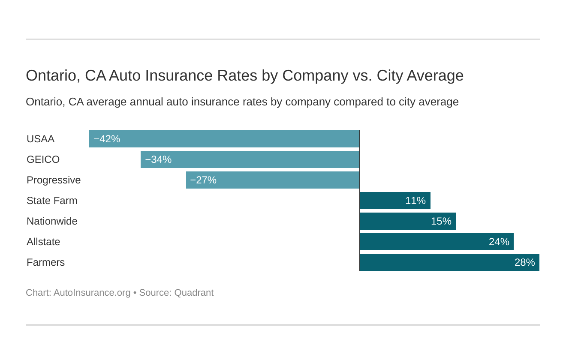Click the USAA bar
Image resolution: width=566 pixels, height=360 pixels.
tap(224, 139)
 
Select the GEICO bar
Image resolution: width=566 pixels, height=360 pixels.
tap(250, 159)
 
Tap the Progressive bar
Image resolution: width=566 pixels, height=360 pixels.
tap(273, 180)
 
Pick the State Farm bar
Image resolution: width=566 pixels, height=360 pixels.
tap(395, 201)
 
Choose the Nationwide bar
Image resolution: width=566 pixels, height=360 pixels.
tap(408, 221)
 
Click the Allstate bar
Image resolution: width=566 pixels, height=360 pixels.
tap(437, 242)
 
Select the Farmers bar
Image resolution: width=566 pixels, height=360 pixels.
tap(449, 262)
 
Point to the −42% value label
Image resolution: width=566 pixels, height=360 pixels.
tap(107, 139)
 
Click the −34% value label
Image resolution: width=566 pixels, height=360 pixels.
tap(158, 160)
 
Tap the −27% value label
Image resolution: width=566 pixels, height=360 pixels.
tap(203, 180)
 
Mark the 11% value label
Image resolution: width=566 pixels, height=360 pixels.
tap(415, 201)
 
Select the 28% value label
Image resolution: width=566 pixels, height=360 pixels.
tap(524, 263)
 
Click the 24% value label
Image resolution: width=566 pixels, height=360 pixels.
tap(499, 242)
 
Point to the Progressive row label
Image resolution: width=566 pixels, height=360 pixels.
tap(54, 180)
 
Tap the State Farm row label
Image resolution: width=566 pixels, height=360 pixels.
tap(52, 201)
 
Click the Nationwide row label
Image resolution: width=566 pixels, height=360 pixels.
tap(52, 222)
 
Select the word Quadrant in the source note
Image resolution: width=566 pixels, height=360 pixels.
tap(193, 293)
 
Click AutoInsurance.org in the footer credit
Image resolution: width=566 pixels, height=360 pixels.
tap(92, 293)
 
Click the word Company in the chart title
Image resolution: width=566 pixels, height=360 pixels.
tap(315, 76)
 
